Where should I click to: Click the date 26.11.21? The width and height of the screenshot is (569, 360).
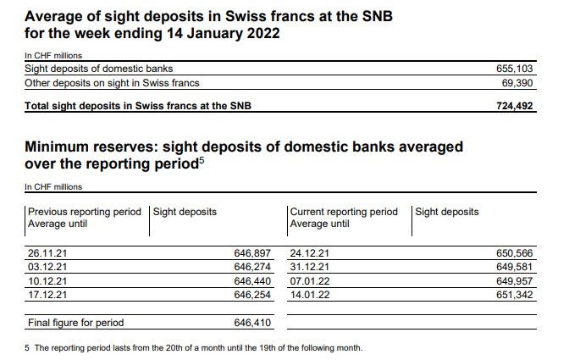click(x=45, y=252)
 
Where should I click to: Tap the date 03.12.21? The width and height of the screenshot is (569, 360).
click(x=45, y=266)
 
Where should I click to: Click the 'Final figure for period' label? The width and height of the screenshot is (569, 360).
click(x=76, y=323)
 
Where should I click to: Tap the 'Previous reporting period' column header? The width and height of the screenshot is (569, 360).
click(x=85, y=212)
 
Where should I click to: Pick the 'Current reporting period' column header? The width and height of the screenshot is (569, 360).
click(x=343, y=212)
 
